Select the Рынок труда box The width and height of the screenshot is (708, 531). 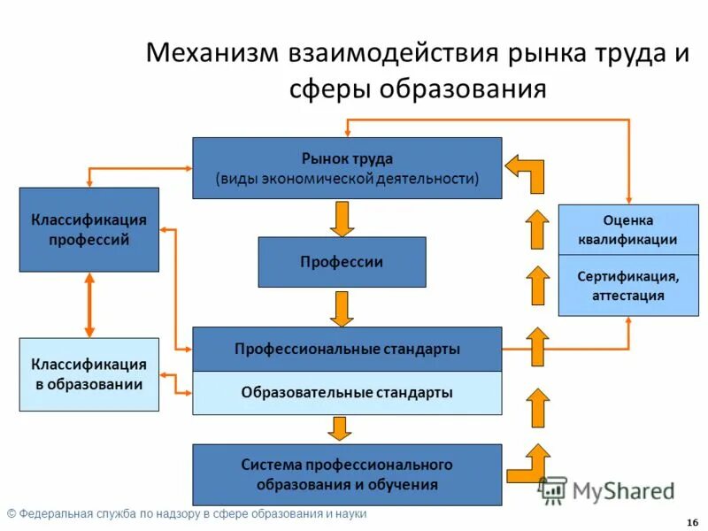[x=347, y=168]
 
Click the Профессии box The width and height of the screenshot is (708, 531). [x=342, y=262]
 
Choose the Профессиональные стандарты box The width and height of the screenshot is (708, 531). [x=347, y=349]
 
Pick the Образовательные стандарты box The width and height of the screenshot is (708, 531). [x=347, y=393]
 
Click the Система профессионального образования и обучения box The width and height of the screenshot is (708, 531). [x=347, y=475]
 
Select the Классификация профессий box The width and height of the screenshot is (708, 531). [x=89, y=229]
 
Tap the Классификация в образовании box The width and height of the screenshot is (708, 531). [x=89, y=374]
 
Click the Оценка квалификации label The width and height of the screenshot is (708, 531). [x=628, y=229]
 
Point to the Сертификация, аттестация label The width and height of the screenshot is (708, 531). [x=628, y=286]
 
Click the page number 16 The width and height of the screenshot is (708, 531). [x=691, y=521]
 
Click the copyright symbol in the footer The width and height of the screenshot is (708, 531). [x=12, y=514]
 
